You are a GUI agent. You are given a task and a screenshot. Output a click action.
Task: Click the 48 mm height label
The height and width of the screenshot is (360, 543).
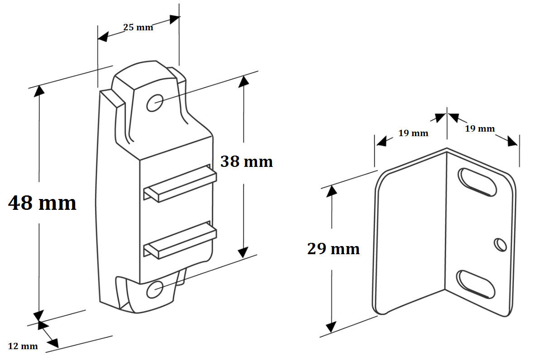tap(42, 203)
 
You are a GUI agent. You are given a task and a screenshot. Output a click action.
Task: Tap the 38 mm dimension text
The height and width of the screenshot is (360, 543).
tap(247, 161)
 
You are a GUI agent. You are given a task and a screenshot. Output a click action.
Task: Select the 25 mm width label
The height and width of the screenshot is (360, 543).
tap(138, 27)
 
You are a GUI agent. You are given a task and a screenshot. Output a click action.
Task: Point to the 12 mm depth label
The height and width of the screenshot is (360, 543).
tap(23, 346)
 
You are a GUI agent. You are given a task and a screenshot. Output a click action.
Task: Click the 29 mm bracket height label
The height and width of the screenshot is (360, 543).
tap(333, 249)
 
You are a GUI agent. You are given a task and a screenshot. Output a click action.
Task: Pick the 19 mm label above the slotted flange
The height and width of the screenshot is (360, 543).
tap(480, 128)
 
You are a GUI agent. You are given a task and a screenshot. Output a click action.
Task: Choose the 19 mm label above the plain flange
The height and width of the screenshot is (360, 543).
tap(413, 133)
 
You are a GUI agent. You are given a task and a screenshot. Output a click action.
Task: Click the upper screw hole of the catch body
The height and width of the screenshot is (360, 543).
tap(155, 103)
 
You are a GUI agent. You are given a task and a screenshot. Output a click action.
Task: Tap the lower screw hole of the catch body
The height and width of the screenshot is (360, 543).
tap(154, 289)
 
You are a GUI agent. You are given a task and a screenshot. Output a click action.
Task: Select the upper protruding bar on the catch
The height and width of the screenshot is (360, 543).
tap(180, 184)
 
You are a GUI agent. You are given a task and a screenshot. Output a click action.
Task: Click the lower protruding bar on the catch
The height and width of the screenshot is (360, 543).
tap(180, 241)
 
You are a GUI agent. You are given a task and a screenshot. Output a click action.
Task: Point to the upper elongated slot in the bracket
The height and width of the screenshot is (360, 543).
tap(477, 182)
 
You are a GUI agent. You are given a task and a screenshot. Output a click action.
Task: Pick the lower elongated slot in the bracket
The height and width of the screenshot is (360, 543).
tap(476, 284)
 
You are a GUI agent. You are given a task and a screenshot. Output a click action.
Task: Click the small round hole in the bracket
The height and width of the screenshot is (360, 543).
tap(500, 245)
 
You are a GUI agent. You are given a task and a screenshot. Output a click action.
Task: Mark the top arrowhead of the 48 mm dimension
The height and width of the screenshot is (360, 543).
tap(39, 91)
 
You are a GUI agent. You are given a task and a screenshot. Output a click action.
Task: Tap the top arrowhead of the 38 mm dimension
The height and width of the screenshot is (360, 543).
tap(243, 82)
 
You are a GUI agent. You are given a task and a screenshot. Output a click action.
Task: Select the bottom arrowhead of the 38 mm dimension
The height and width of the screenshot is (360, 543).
tap(243, 252)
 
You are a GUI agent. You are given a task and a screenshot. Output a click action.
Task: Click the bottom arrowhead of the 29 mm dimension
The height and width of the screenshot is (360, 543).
tap(331, 327)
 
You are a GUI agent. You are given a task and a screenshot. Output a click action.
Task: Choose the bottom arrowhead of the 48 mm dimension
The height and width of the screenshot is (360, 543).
tap(38, 316)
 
